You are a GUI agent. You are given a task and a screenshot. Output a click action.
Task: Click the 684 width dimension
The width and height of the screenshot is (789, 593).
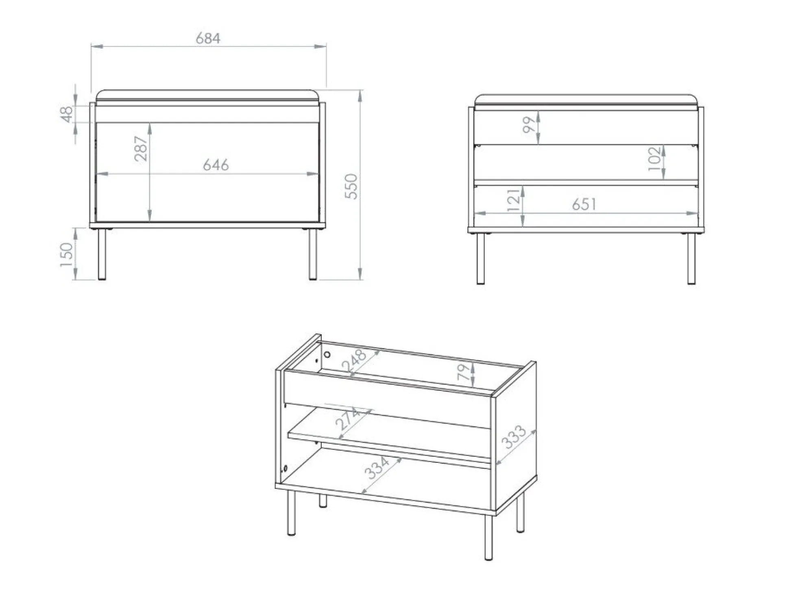[x=208, y=39]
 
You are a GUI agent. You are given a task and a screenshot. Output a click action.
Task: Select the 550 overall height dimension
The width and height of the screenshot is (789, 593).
[x=351, y=186]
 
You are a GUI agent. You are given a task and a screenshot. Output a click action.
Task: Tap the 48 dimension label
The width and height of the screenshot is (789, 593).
[x=66, y=114]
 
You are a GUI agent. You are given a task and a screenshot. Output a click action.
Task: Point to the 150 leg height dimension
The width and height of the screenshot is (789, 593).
[x=66, y=254]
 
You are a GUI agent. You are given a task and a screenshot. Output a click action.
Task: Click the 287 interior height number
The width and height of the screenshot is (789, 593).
[x=141, y=149]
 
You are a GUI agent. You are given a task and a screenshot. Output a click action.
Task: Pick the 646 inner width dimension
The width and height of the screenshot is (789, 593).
[x=216, y=165]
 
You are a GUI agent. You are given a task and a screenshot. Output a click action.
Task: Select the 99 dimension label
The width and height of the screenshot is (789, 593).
[x=529, y=125]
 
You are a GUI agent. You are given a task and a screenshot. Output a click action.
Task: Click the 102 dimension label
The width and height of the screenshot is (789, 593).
[x=654, y=159]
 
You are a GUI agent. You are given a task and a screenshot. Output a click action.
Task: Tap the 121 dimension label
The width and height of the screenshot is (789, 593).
[x=514, y=200]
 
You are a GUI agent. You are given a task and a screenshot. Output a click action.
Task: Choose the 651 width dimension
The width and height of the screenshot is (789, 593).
[x=584, y=204]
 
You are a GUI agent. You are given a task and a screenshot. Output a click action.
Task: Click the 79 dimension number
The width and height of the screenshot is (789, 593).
[x=464, y=372]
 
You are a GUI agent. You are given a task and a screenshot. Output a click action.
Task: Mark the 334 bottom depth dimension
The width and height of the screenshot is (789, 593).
[x=377, y=468]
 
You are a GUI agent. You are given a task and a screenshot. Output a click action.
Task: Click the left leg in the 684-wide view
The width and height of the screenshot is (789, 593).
[x=102, y=254]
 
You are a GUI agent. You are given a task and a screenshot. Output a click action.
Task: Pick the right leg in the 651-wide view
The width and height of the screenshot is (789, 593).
[x=691, y=258]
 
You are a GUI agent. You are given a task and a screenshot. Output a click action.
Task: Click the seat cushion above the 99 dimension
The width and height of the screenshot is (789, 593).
[x=586, y=99]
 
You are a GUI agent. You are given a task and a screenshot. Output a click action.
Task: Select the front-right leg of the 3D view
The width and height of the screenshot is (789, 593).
[x=488, y=537]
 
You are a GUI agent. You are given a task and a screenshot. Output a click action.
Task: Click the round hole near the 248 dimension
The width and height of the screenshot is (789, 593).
[x=327, y=355]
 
